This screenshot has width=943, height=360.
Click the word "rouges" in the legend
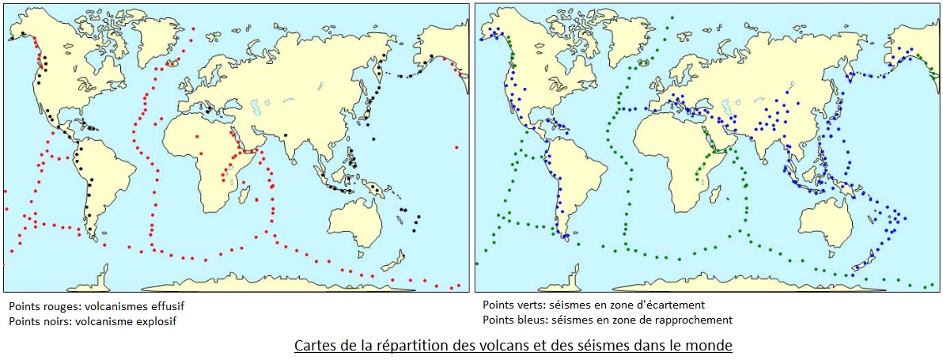point(55,305)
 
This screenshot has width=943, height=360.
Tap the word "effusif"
point(167,305)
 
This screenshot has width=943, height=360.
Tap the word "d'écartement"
point(673,304)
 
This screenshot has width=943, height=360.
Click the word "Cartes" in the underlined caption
point(314,346)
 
